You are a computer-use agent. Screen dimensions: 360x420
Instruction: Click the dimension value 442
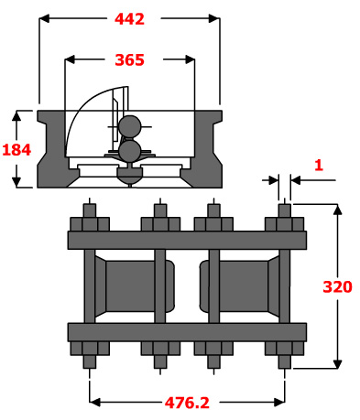coord(129,19)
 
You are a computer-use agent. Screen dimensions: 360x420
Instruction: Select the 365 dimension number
coord(129,59)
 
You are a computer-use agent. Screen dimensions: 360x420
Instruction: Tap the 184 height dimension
coord(16,150)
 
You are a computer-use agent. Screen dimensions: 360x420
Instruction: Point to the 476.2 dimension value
coord(187,403)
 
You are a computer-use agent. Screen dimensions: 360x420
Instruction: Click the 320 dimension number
coord(337,286)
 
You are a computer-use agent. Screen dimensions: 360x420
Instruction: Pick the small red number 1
coord(319,165)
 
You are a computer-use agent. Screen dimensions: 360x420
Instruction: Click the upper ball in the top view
coord(130,126)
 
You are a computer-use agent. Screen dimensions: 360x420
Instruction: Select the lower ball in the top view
coord(130,150)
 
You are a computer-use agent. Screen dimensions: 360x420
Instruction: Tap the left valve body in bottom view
coord(135,286)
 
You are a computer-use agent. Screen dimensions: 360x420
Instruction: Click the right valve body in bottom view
coord(239,286)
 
